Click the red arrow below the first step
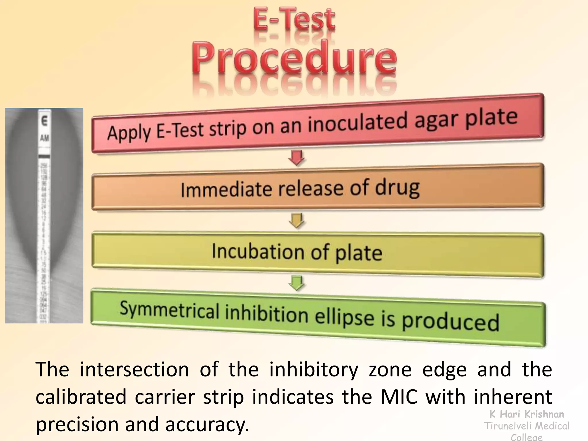click(297, 158)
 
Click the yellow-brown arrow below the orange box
click(297, 220)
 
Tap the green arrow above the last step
click(297, 283)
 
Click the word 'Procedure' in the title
click(294, 57)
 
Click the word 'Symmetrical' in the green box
click(169, 310)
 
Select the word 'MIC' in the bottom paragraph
click(399, 396)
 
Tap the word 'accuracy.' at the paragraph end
click(207, 424)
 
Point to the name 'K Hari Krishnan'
click(527, 414)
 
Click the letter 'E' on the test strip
click(44, 121)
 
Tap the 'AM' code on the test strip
click(45, 138)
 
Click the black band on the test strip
click(44, 156)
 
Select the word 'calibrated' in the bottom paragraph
click(81, 396)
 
